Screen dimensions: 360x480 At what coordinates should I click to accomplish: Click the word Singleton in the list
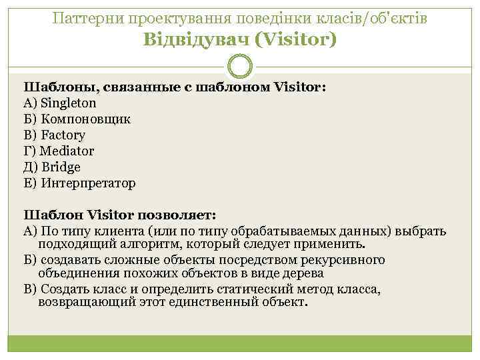[68, 103]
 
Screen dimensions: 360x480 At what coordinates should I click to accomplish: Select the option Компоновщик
[86, 119]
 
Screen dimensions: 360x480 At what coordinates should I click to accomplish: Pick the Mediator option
[67, 151]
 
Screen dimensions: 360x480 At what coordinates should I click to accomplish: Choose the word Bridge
[61, 167]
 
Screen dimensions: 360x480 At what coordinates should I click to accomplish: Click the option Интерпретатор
[88, 183]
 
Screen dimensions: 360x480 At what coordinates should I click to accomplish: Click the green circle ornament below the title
[239, 65]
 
